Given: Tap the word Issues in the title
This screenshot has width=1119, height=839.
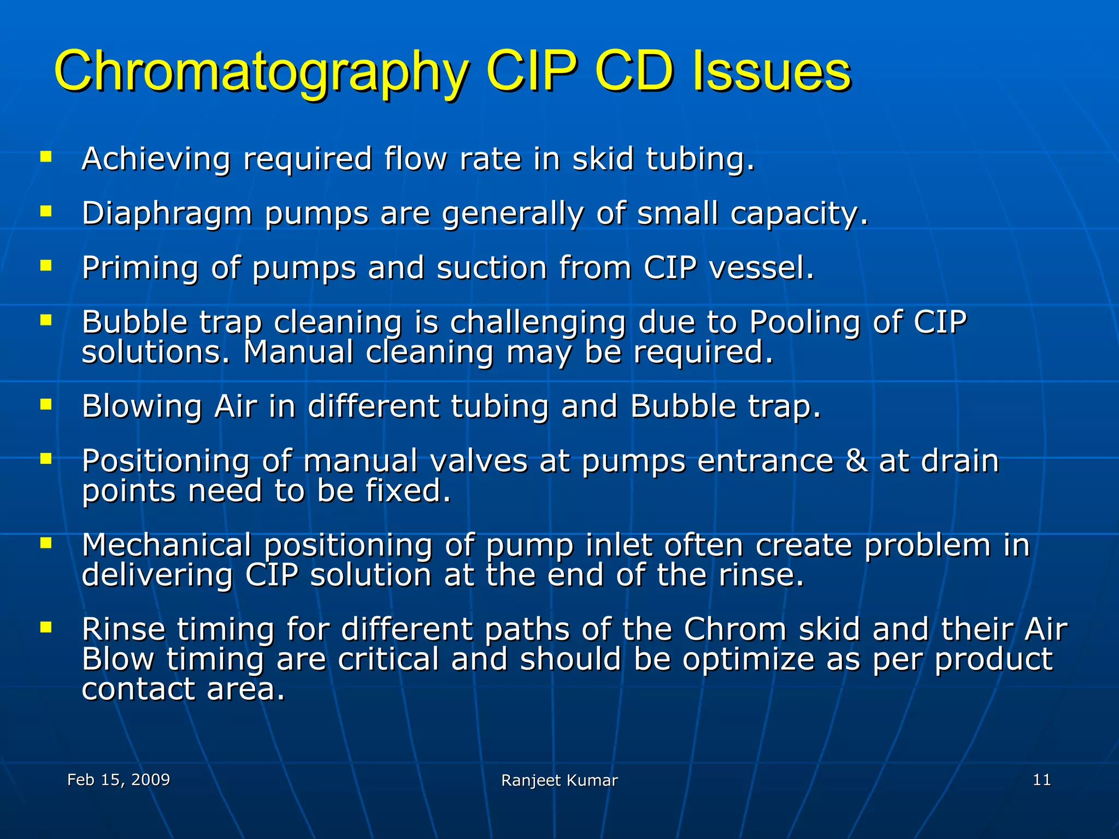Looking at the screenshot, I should [771, 72].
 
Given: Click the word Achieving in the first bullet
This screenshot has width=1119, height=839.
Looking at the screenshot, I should [156, 159].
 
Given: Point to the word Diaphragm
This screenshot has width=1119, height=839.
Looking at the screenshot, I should [167, 214].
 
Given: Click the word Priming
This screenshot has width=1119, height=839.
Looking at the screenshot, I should [140, 269].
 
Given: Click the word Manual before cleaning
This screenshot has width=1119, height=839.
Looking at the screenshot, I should [298, 352].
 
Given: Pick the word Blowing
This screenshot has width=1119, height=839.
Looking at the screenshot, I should [142, 406].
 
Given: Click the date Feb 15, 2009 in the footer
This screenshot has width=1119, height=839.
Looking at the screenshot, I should [119, 779].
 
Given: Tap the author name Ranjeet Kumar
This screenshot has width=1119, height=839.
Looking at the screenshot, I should [559, 781].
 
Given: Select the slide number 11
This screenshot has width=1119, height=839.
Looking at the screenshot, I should [1041, 779].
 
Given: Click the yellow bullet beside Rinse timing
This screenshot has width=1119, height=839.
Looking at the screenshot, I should [46, 627].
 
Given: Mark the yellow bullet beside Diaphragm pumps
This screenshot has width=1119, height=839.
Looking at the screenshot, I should [46, 211].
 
